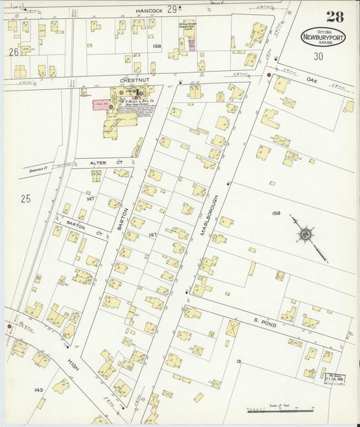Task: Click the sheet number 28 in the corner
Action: (x=334, y=17)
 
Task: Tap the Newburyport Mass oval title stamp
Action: (x=323, y=37)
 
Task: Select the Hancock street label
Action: (x=149, y=11)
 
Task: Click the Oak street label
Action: (x=311, y=78)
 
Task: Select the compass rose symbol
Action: (x=305, y=234)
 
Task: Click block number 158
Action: (x=276, y=213)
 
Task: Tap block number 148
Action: (x=157, y=46)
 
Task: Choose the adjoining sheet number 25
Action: (x=26, y=198)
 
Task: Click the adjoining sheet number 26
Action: (x=14, y=51)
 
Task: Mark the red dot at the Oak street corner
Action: (x=269, y=75)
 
